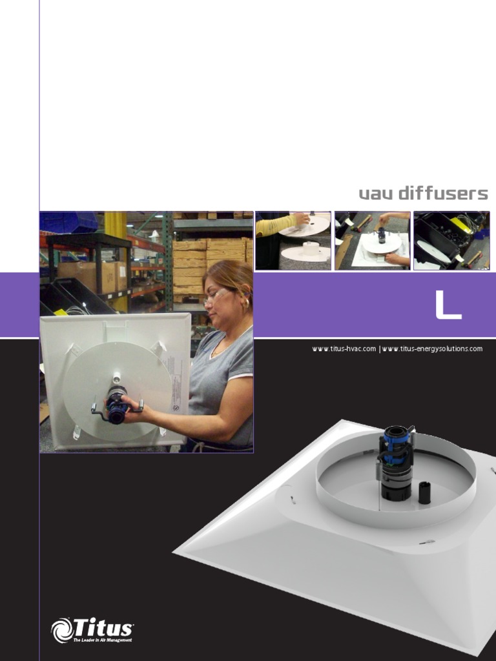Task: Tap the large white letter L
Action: (448, 305)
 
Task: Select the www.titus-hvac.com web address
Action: (344, 349)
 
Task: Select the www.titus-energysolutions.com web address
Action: (432, 349)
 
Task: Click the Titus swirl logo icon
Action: (63, 630)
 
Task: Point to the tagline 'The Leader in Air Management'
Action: (103, 640)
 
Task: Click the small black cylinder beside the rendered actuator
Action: (424, 493)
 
